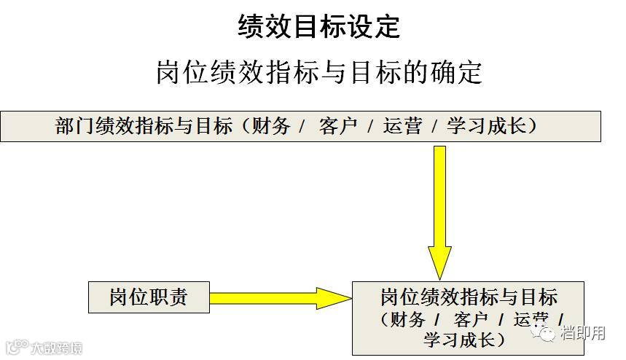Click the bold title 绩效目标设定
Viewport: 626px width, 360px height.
click(x=319, y=27)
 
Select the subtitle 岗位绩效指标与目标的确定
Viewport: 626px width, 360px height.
click(x=319, y=72)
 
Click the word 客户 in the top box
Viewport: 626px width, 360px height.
click(x=338, y=126)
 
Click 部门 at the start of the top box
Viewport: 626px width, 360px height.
click(x=71, y=126)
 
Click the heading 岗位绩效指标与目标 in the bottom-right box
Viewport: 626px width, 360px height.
click(x=469, y=297)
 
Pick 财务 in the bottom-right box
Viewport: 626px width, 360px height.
click(x=407, y=319)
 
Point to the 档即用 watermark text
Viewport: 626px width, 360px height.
click(x=582, y=334)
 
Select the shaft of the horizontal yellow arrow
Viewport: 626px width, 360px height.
click(x=262, y=297)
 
